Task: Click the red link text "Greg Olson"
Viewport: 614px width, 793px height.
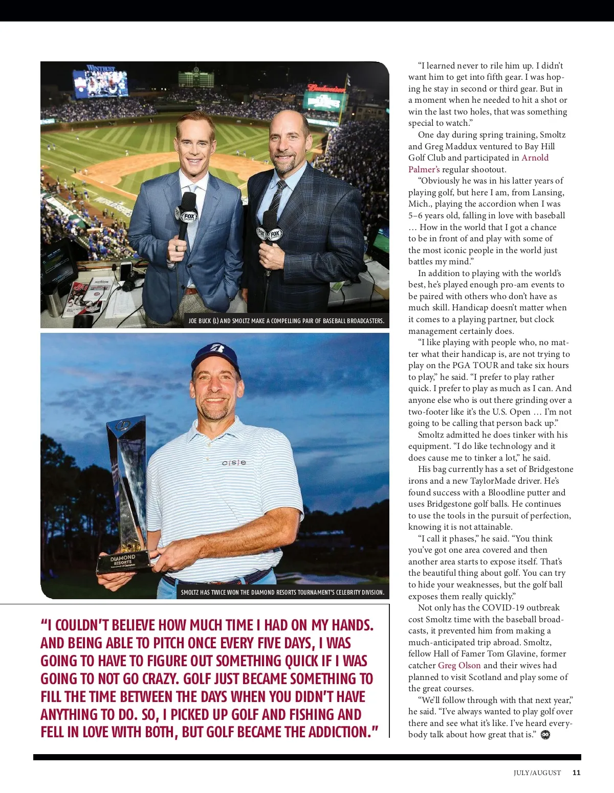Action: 459,665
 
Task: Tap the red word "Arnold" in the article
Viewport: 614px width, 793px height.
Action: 535,157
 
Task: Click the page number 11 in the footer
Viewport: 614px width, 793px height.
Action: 576,773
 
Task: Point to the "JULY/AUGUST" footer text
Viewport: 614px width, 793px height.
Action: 537,773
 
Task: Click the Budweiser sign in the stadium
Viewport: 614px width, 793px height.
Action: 326,88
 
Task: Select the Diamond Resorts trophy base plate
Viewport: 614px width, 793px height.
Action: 123,561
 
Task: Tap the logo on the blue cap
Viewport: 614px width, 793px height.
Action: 217,349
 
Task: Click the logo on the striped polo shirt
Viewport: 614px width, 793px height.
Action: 234,463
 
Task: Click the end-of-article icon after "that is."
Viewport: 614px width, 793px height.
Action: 545,735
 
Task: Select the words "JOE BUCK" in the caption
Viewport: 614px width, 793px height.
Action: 199,321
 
